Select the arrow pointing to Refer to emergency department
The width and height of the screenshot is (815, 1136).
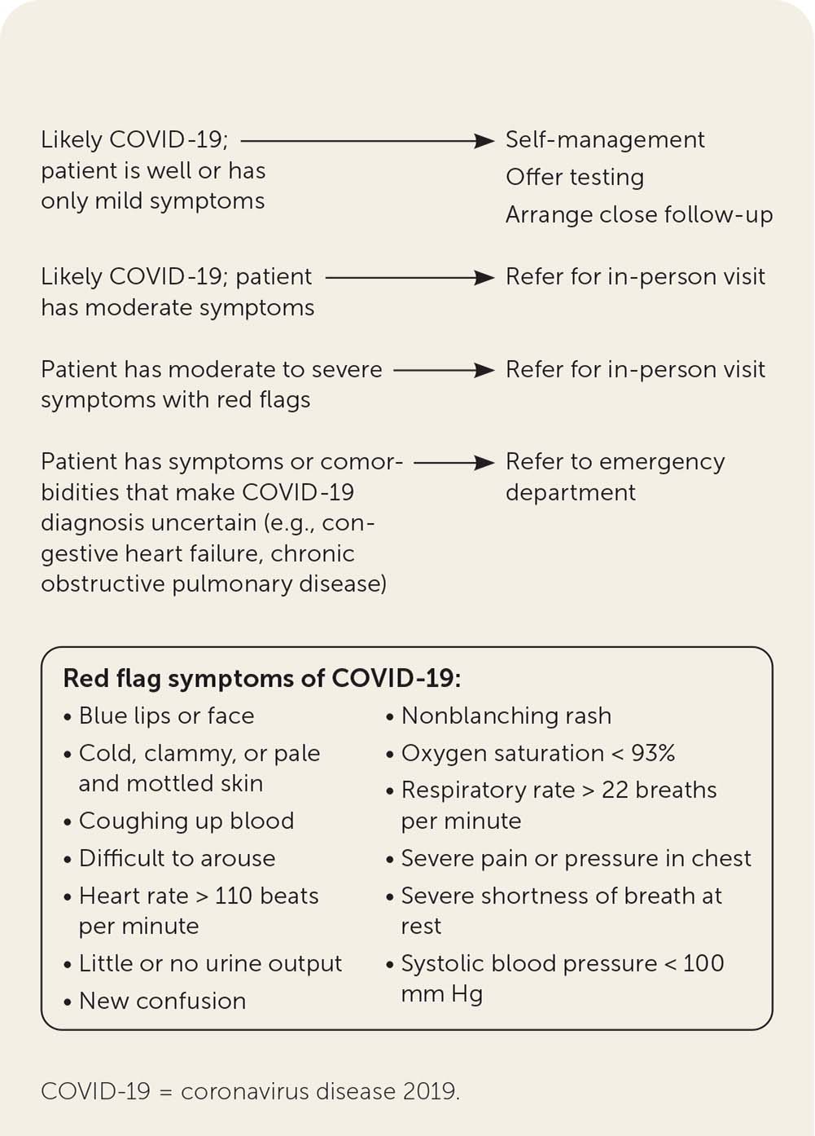(454, 463)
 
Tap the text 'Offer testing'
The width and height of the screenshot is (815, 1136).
(574, 178)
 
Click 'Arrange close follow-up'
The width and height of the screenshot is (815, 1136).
(638, 215)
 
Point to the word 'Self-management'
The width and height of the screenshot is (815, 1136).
(604, 140)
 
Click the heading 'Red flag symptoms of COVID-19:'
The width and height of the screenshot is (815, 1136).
(261, 678)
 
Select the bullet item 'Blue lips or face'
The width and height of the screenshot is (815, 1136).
(166, 716)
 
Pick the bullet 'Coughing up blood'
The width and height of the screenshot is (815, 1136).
(186, 821)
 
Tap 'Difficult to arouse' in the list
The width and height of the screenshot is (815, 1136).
(177, 858)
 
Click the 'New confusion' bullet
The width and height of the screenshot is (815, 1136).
(162, 1001)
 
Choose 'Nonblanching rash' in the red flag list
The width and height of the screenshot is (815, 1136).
(506, 716)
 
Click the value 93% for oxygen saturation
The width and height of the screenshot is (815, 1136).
(652, 753)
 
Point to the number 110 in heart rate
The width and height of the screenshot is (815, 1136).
(234, 896)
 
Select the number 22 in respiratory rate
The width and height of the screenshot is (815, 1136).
(614, 790)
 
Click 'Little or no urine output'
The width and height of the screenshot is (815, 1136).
(210, 963)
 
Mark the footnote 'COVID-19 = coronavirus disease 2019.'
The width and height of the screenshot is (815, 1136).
(250, 1091)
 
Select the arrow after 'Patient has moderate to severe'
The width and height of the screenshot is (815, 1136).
(445, 370)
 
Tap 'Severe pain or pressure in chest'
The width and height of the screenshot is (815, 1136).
(576, 858)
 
